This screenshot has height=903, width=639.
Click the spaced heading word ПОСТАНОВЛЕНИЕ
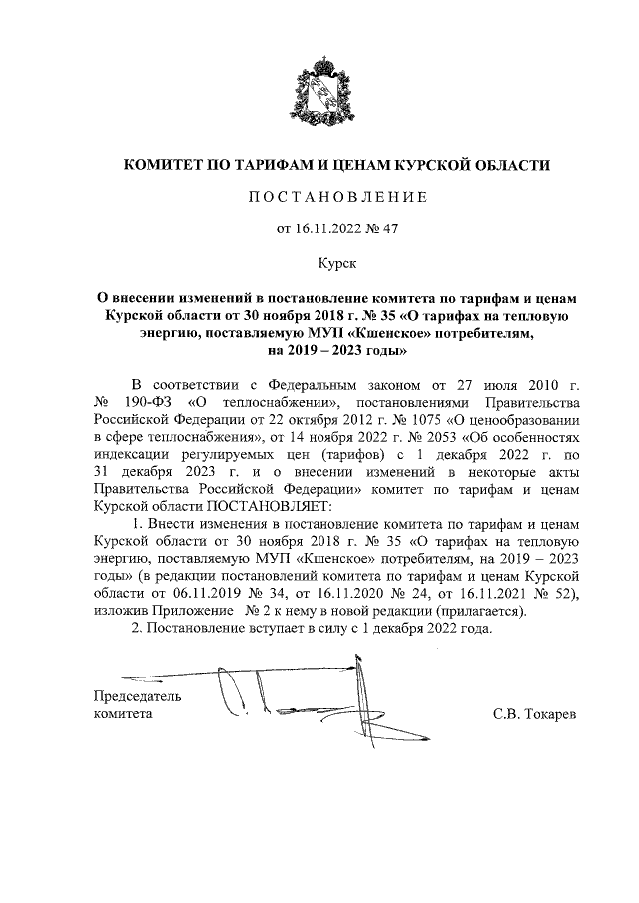(335, 197)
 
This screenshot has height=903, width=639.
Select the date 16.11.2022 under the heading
(328, 229)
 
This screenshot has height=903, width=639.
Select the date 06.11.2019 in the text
(203, 594)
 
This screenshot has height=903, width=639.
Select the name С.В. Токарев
(535, 714)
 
